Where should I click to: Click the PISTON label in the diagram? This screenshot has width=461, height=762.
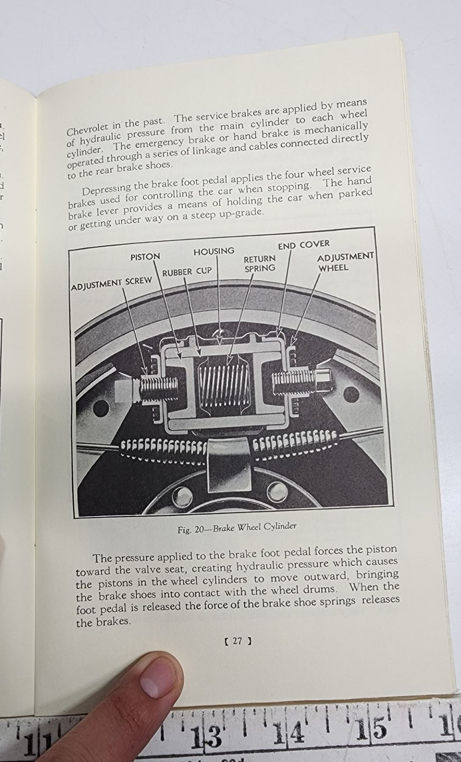145,257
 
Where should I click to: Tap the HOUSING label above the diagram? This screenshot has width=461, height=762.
214,251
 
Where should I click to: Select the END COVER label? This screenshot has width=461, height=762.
303,245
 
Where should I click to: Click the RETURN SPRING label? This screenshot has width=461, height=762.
259,263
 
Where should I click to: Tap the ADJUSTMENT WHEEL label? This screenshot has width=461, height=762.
345,262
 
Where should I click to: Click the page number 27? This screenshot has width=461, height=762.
237,641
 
